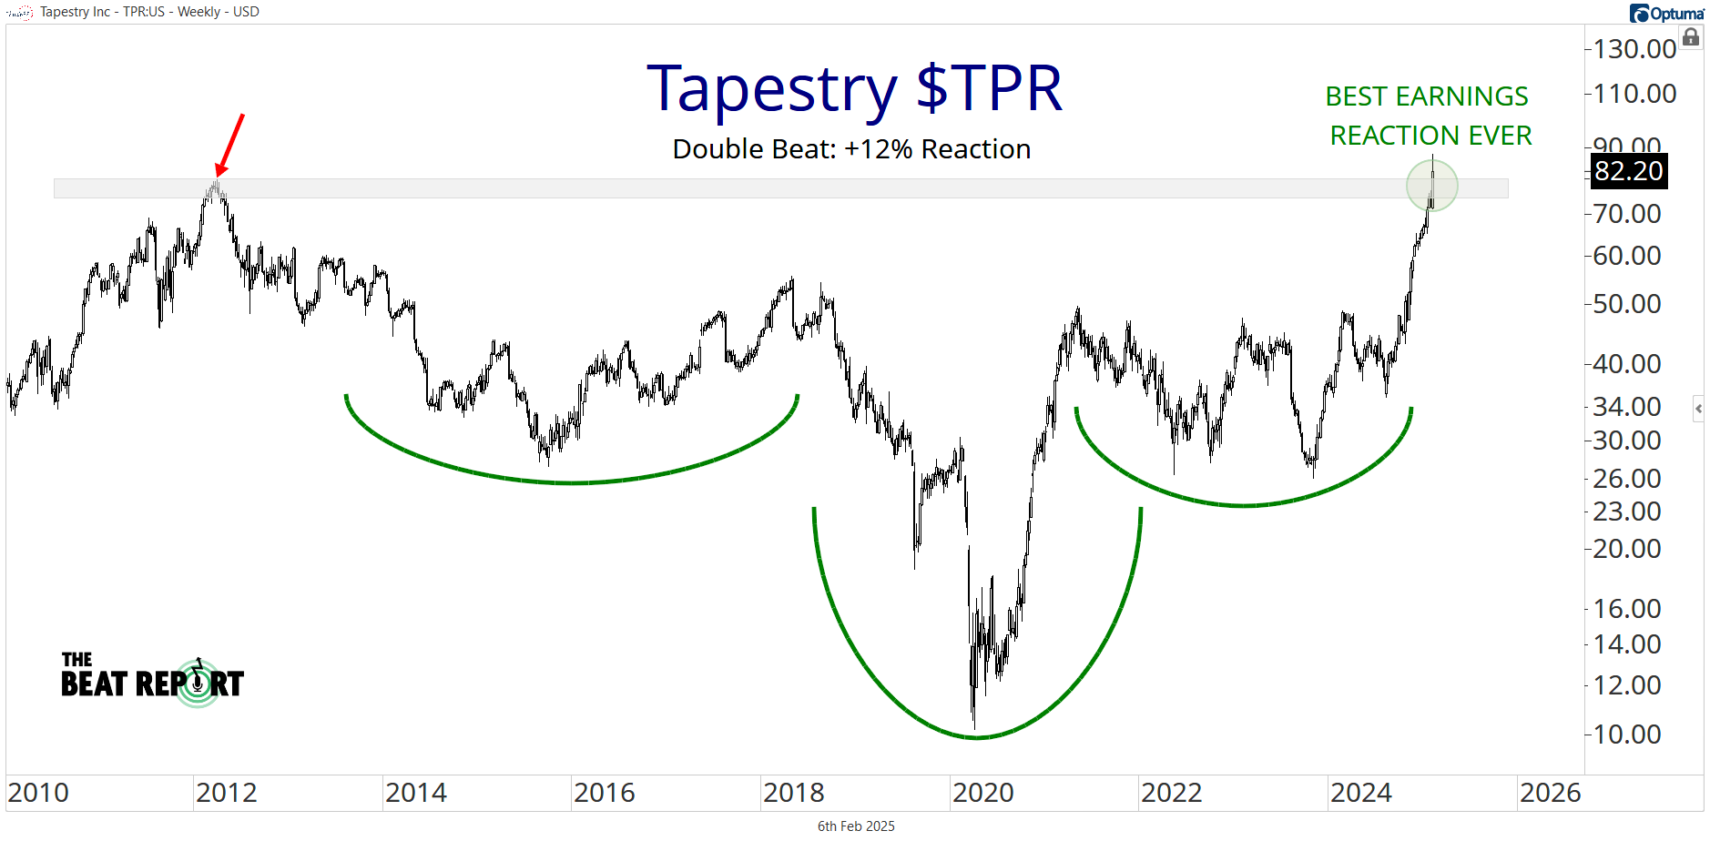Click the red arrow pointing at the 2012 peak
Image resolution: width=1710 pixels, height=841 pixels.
click(230, 144)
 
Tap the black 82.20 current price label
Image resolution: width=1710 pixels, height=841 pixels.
click(1628, 171)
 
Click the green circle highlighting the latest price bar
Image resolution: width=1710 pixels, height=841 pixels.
click(1431, 186)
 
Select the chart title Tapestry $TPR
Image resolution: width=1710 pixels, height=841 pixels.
click(854, 89)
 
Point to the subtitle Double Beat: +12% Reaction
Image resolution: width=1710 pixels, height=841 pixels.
click(851, 149)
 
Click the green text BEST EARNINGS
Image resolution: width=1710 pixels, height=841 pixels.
click(1426, 96)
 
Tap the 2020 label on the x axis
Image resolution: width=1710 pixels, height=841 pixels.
click(982, 793)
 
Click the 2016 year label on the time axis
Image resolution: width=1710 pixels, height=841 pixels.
click(605, 793)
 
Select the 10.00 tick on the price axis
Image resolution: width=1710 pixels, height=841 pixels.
click(1627, 734)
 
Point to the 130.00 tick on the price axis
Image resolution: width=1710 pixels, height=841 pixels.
click(1634, 49)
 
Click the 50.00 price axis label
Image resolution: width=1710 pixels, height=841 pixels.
click(1627, 304)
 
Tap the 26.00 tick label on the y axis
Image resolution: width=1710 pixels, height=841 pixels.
click(1627, 478)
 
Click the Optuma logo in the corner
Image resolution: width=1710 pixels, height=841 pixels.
click(1666, 13)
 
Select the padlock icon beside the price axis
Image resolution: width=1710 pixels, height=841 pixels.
click(1691, 37)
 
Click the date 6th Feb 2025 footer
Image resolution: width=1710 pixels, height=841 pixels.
click(856, 826)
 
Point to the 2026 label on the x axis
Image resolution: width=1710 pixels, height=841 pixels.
click(1550, 793)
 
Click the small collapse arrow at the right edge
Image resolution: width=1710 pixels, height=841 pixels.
click(1698, 409)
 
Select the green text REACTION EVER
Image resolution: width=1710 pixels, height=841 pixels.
click(1430, 136)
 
